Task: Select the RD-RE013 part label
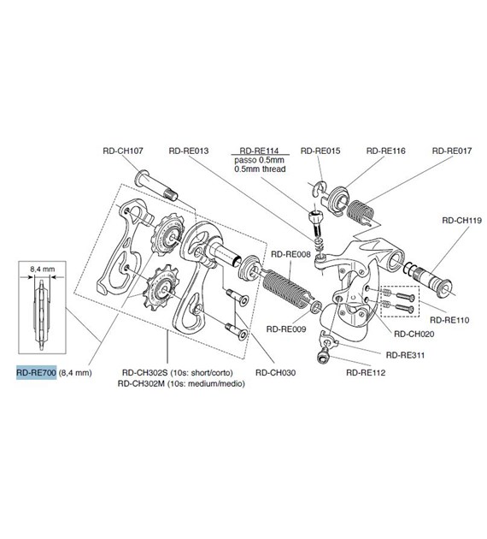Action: click(x=189, y=151)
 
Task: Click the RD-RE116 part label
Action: click(x=385, y=151)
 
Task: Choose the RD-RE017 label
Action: click(x=452, y=151)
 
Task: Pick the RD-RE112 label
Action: click(x=365, y=372)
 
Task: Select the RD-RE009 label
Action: click(x=285, y=328)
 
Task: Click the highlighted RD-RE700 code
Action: click(x=36, y=373)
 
